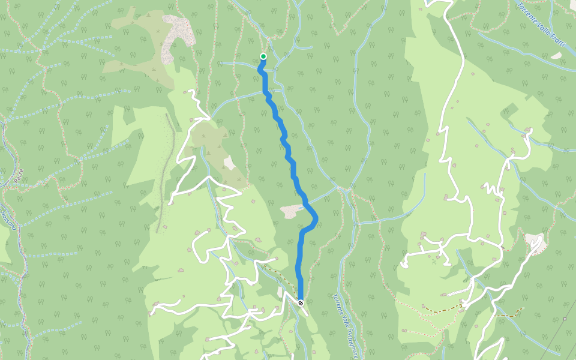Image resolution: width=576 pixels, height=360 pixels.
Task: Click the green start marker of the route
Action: (263, 56)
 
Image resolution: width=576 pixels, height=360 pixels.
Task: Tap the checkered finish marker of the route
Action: (301, 303)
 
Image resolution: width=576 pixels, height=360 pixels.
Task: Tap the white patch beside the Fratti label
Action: (556, 56)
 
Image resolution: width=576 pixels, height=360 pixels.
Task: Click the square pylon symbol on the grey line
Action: (565, 319)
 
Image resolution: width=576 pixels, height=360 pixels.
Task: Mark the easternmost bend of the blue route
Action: (316, 220)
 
